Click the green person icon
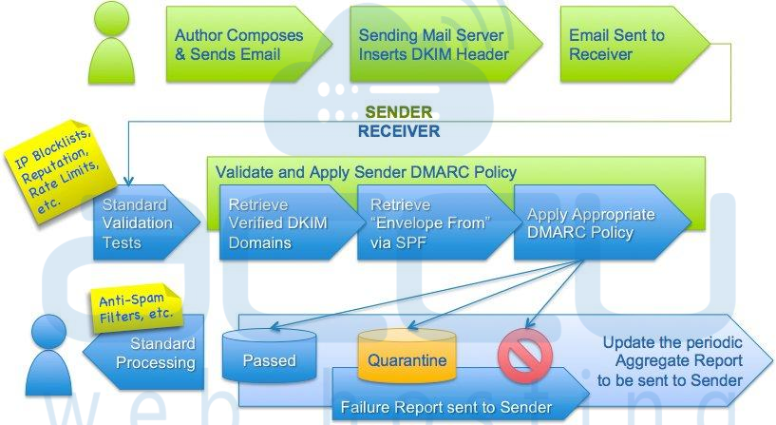111,44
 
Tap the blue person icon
48,356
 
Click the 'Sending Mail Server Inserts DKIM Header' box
445,44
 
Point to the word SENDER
399,112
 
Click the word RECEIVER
399,131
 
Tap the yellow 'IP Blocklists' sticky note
56,171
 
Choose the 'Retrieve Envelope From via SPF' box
439,222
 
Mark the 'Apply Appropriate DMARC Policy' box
602,222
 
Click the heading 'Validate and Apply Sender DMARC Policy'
367,172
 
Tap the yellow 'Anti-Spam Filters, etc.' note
136,307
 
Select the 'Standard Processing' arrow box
143,352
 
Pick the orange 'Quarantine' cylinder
407,356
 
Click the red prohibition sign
524,356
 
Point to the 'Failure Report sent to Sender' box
461,395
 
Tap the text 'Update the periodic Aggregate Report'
672,352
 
